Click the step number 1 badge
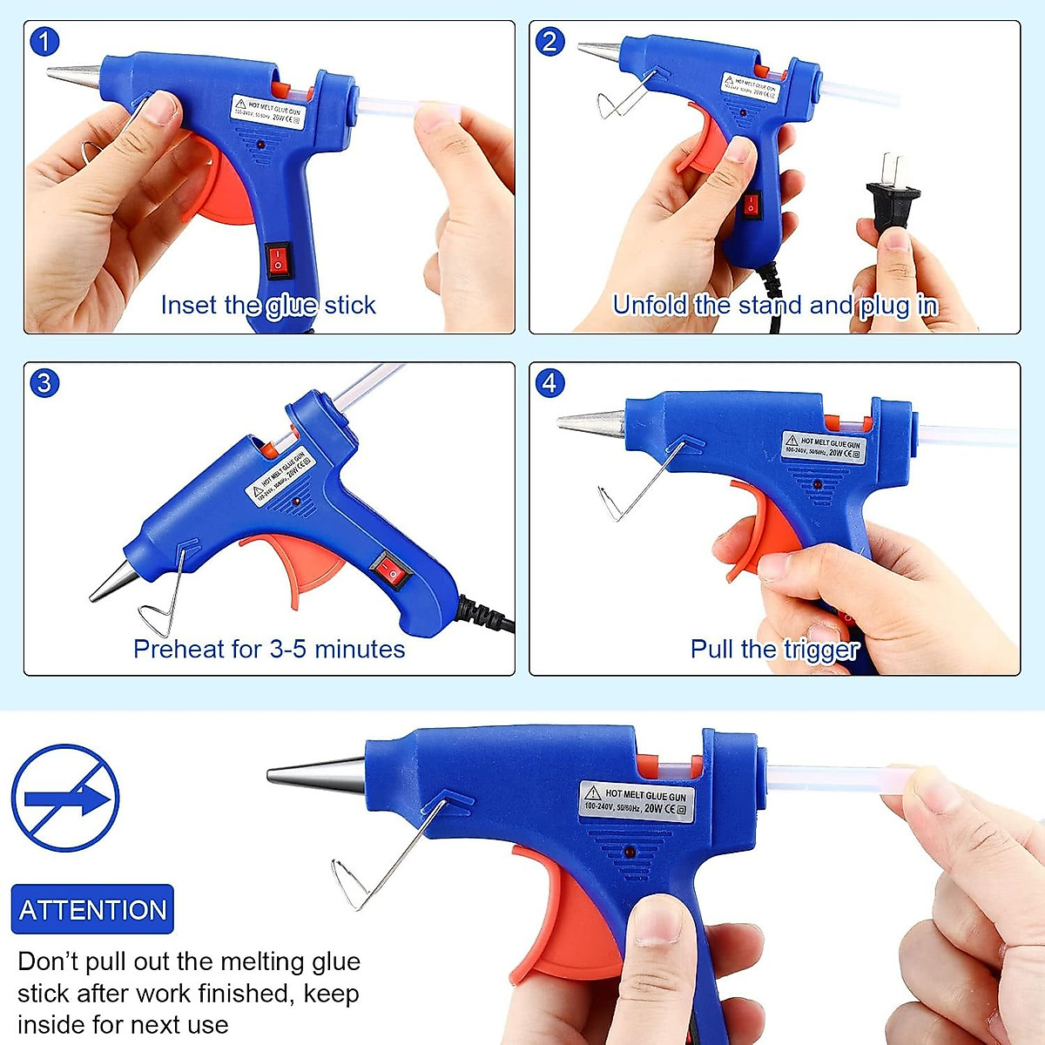coord(44,41)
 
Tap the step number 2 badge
coord(549,41)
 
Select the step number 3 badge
coord(44,382)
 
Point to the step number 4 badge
coord(549,382)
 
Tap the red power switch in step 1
coord(278,260)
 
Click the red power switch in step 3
coord(390,571)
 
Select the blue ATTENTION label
coord(92,910)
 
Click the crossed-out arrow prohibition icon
coord(65,798)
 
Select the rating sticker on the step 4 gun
coord(823,448)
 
